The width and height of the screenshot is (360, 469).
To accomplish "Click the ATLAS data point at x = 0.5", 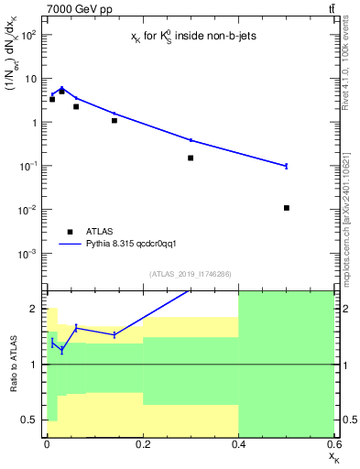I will pos(287,208).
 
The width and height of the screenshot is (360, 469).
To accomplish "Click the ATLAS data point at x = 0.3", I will pos(191,158).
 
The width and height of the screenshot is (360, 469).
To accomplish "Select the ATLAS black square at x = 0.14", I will pos(114,120).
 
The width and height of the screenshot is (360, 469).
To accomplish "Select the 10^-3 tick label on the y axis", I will pos(28,253).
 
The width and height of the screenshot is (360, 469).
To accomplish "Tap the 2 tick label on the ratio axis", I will pos(36,309).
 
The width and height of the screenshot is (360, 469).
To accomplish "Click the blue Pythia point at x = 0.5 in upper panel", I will pos(287,166).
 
